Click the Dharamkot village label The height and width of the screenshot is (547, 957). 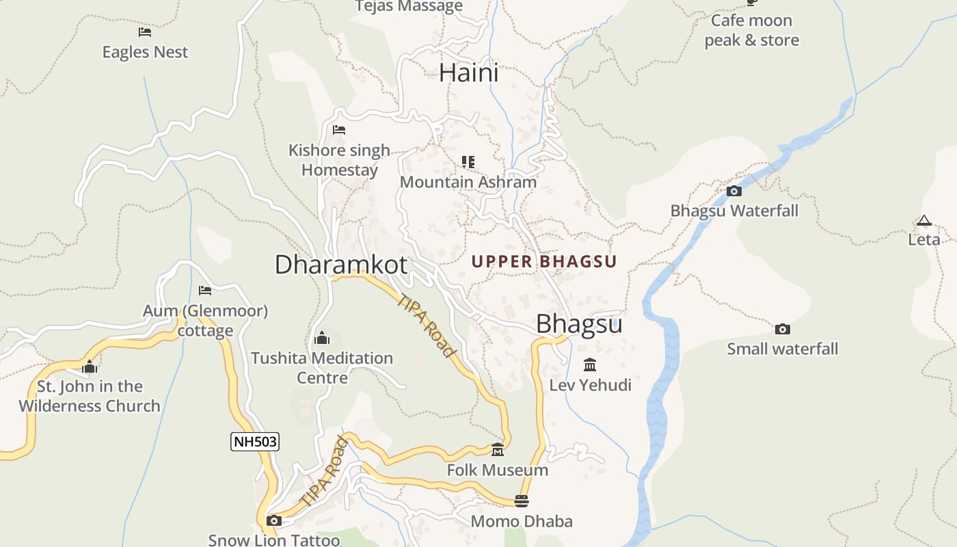340,265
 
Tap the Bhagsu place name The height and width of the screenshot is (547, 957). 579,323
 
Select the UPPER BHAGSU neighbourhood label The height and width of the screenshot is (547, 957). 544,261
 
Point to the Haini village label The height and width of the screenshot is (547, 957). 469,72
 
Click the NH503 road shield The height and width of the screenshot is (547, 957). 255,442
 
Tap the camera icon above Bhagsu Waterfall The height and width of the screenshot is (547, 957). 734,191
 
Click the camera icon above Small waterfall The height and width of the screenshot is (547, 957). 783,329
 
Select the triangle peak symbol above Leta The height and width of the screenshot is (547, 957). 924,220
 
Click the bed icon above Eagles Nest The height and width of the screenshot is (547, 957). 145,32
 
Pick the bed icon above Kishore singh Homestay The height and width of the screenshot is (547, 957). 339,130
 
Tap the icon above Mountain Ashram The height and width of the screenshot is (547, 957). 468,162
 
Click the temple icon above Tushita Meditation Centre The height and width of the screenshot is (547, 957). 322,338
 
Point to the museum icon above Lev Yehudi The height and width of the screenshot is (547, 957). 590,364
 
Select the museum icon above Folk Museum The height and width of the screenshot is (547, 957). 498,450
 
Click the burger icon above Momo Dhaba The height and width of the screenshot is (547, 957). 522,501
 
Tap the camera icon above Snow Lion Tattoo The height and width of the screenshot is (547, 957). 273,521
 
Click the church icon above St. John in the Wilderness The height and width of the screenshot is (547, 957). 90,367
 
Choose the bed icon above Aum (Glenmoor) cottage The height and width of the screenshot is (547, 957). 205,291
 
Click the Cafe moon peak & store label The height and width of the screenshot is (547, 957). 751,30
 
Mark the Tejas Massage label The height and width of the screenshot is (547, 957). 409,7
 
